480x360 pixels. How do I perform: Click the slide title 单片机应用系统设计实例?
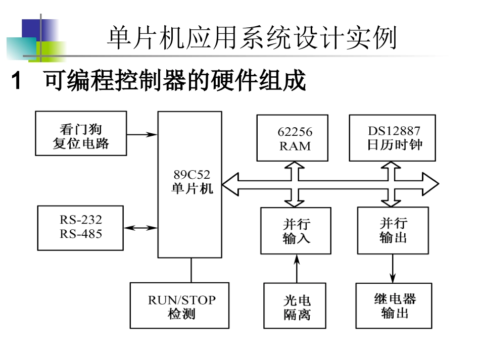pos(252,38)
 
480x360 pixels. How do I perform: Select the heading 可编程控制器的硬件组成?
pos(175,81)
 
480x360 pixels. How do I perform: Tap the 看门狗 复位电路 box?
pos(81,133)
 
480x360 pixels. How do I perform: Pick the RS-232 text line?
pos(81,220)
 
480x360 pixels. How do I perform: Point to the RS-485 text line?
pos(81,234)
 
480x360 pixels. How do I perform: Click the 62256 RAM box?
pos(292,138)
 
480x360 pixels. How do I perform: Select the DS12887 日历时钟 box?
pos(392,138)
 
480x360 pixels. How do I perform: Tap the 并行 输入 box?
pos(296,231)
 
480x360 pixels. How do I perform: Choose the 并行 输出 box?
pos(393,230)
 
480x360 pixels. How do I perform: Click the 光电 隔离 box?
pos(296,306)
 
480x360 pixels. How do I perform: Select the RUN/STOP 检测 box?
pos(180,306)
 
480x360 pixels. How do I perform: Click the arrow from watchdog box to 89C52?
pos(142,134)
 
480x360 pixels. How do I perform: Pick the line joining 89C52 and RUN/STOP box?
pos(191,270)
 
